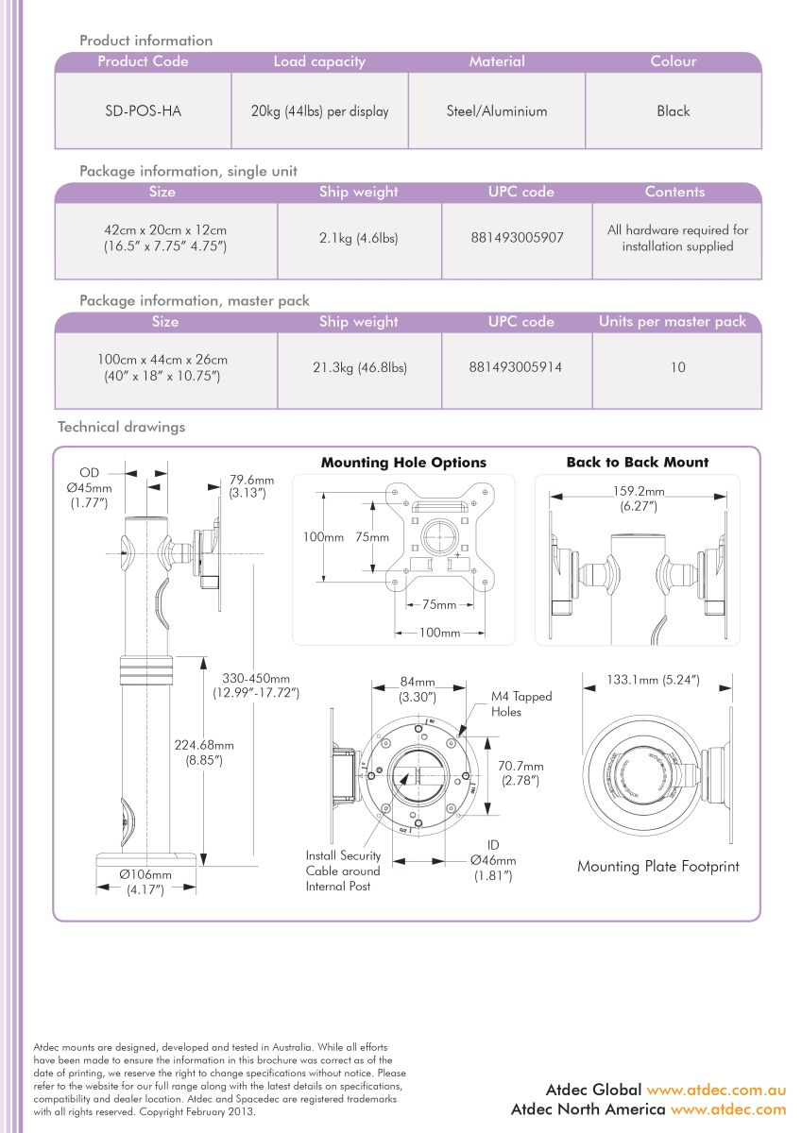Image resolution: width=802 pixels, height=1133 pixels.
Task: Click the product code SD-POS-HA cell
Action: (143, 111)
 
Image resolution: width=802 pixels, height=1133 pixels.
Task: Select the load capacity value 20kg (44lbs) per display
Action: (319, 111)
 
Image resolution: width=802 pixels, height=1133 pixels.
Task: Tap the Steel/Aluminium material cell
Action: (497, 111)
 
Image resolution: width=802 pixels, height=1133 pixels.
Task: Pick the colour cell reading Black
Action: (674, 111)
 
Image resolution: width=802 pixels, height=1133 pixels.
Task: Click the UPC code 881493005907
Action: (517, 238)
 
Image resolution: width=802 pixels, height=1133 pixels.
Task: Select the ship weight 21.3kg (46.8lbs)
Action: (360, 367)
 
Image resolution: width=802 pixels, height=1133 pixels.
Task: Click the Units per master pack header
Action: (672, 322)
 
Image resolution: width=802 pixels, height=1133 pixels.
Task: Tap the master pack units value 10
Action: (677, 367)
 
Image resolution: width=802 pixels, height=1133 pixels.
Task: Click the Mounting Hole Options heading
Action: (403, 463)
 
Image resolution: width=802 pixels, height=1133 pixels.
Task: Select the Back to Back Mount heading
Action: (637, 463)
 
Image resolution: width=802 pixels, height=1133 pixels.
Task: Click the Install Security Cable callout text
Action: (343, 871)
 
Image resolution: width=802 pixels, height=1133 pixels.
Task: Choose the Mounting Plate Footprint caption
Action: (657, 866)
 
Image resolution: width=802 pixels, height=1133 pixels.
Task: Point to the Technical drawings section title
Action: (122, 427)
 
